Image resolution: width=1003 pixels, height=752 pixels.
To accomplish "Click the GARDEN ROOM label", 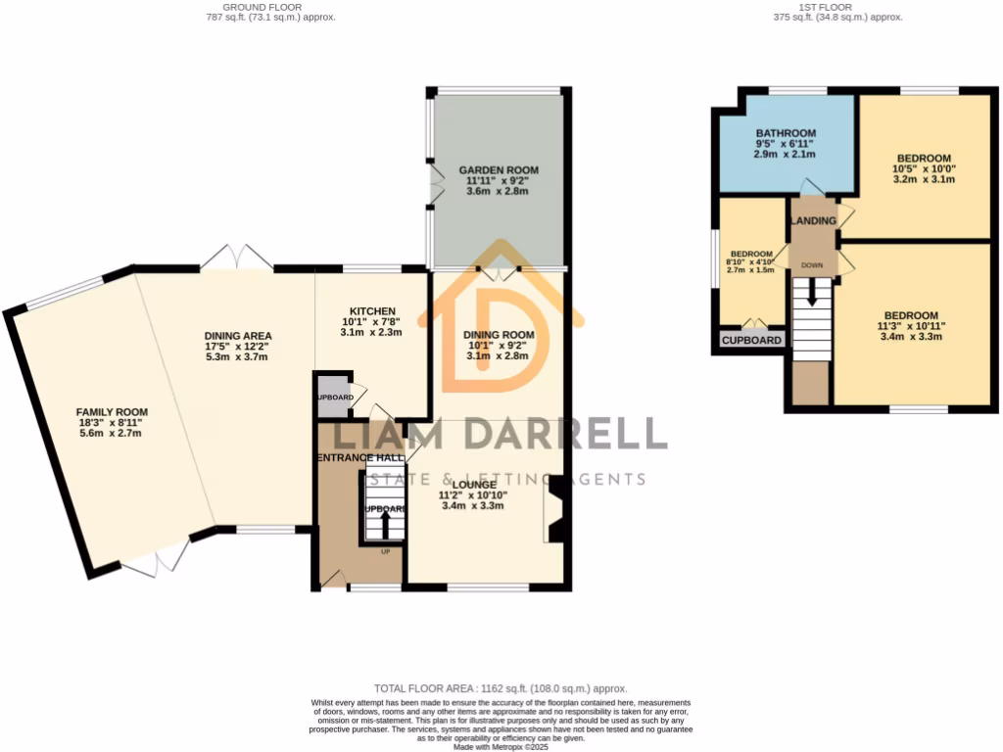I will (x=499, y=170).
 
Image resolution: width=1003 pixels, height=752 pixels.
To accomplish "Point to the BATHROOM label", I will (x=786, y=133).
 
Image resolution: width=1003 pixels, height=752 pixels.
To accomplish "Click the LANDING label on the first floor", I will (x=814, y=221).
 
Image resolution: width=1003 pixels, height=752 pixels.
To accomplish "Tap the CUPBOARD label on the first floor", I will (x=752, y=340).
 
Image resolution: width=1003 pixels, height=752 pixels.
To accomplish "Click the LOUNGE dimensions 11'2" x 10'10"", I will (x=472, y=495).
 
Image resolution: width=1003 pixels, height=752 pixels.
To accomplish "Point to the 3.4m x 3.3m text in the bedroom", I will (x=910, y=337).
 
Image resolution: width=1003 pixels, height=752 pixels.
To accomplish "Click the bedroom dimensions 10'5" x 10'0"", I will (x=923, y=167).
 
